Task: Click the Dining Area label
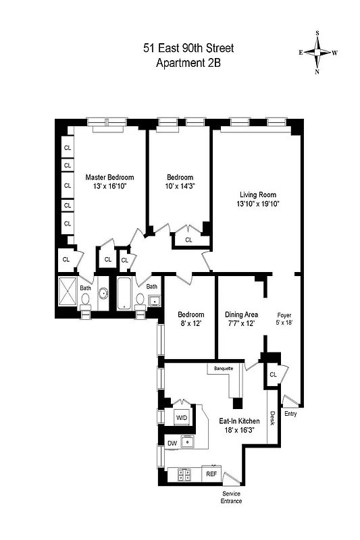coord(241,315)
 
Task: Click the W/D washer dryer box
coord(182,418)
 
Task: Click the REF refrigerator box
coord(212,475)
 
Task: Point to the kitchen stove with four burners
coord(185,475)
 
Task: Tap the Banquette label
coord(224,369)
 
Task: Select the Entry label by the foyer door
coord(291,413)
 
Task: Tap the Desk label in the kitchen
coord(272,418)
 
